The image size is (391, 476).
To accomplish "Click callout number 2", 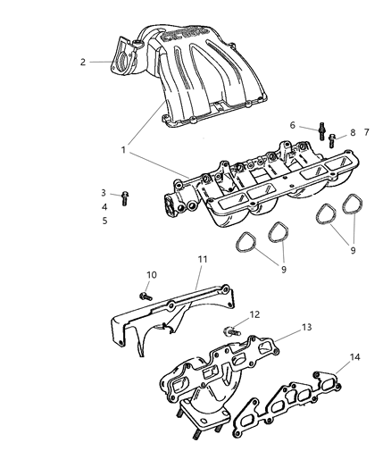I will tap(83, 62).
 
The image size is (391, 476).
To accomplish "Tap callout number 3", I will tap(104, 193).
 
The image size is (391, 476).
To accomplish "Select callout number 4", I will tap(104, 206).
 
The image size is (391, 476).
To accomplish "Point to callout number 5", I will tap(104, 220).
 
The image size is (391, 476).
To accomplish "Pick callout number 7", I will tap(366, 132).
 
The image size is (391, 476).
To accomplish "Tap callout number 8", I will tap(353, 132).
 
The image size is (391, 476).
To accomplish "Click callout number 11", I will tap(203, 258).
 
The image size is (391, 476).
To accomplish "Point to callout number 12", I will tap(254, 314).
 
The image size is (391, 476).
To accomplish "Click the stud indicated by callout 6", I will tap(319, 135).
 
